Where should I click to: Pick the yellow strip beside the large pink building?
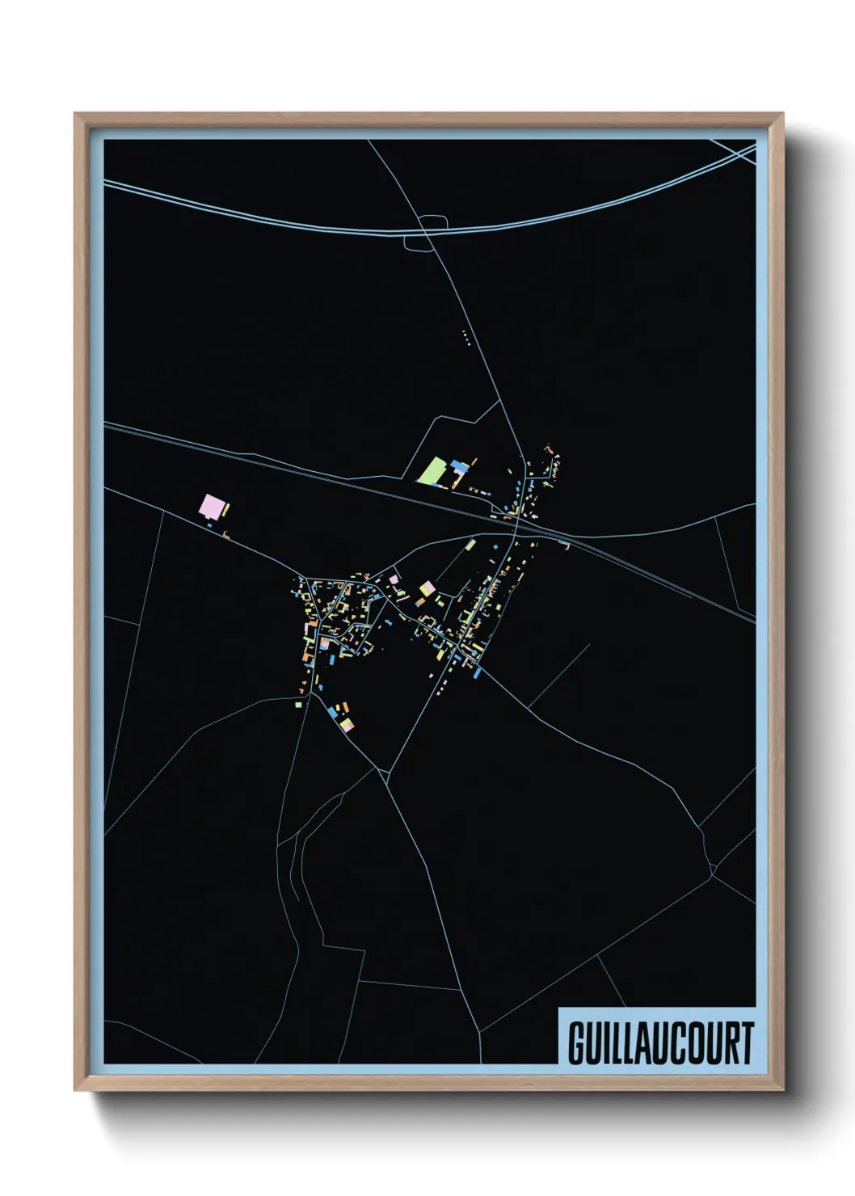coord(226,509)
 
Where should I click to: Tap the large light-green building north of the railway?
coord(433,470)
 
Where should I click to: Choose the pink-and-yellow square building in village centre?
coord(425,588)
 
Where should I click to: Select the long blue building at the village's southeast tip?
coord(477,672)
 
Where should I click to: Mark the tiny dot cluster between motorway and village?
coord(465,336)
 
